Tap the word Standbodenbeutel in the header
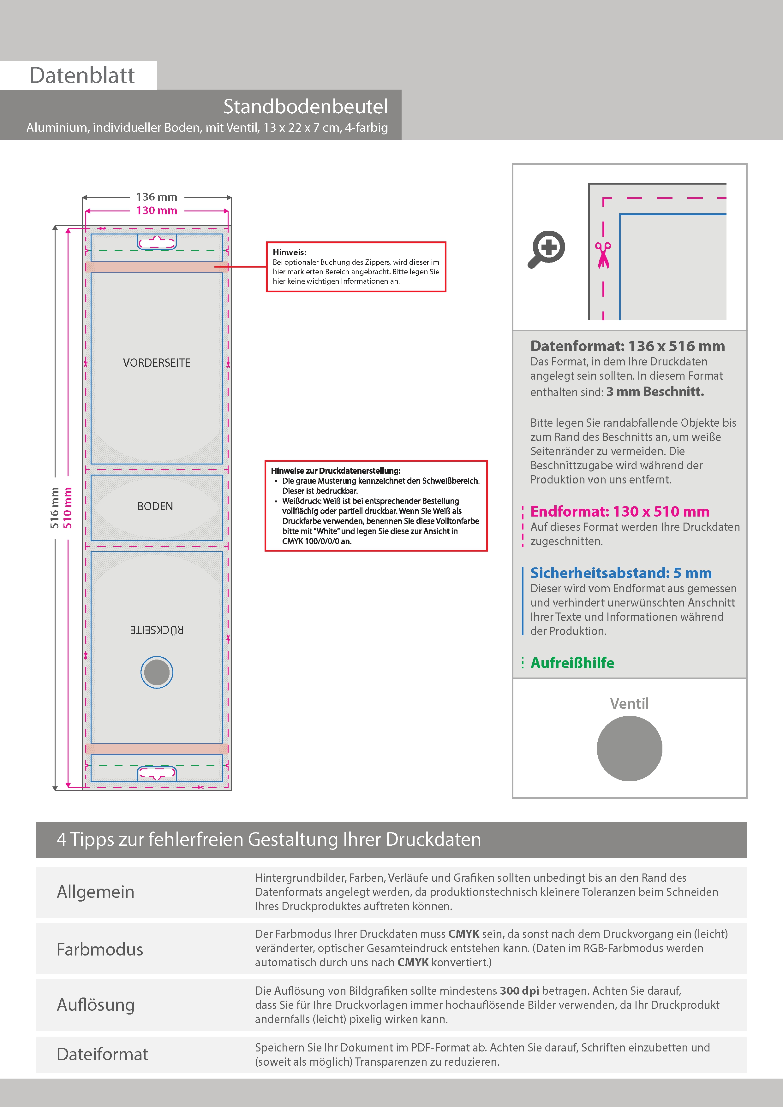click(x=305, y=107)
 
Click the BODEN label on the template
click(x=155, y=506)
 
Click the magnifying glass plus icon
click(x=547, y=249)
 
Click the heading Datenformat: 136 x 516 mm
click(x=627, y=346)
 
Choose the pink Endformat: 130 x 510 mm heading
click(x=619, y=511)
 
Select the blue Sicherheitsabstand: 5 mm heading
click(x=620, y=573)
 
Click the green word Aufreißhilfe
click(x=572, y=663)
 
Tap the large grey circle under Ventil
click(x=629, y=748)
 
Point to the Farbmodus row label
click(x=100, y=949)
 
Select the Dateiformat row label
click(x=102, y=1054)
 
